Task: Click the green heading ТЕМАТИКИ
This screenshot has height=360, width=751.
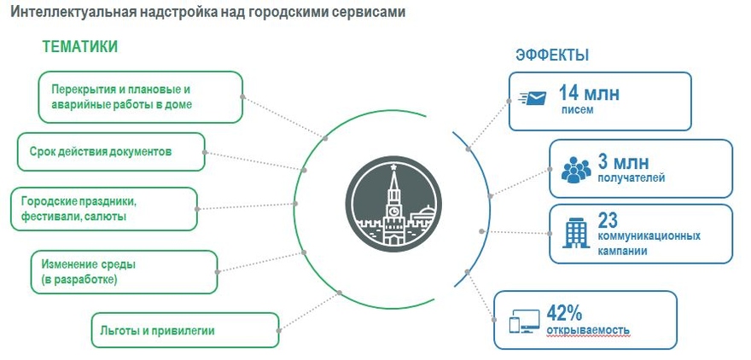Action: tap(80, 46)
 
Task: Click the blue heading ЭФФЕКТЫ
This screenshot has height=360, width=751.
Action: tap(552, 55)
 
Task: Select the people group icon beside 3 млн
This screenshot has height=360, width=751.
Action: tap(576, 170)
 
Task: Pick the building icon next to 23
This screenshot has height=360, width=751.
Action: tap(576, 233)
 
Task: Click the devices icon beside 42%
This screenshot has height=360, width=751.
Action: tap(524, 323)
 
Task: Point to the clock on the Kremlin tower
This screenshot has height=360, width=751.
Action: tap(393, 210)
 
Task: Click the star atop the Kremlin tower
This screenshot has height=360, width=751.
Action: tap(393, 166)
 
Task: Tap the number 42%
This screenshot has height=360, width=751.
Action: tap(564, 314)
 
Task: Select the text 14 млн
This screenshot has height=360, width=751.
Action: tap(589, 92)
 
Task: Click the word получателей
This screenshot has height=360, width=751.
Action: tap(632, 178)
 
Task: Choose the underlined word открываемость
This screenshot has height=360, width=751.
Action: tap(588, 330)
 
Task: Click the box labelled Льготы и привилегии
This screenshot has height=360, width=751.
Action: tap(185, 330)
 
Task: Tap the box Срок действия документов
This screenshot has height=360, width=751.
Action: tap(111, 152)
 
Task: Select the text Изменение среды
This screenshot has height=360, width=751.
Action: tap(89, 264)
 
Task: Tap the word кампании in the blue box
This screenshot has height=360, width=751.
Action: tap(622, 251)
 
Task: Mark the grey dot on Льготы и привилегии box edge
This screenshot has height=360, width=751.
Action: tap(279, 330)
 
